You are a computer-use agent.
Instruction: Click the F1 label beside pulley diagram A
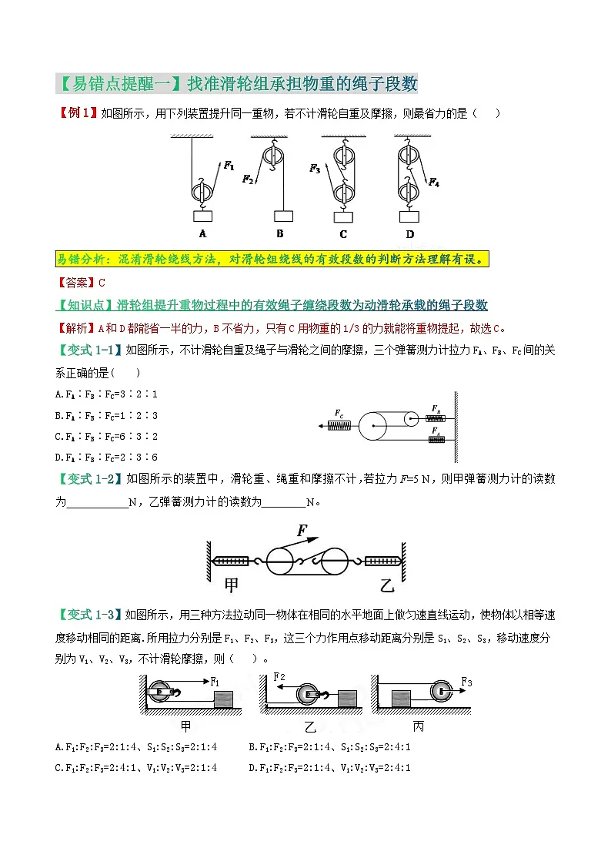pos(229,164)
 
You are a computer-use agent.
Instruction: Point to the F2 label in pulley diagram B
pos(247,179)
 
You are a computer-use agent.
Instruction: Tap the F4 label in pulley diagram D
pos(434,183)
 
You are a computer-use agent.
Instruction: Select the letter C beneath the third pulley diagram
pos(343,234)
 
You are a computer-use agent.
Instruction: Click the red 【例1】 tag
pos(78,113)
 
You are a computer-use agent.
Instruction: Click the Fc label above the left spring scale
pos(339,414)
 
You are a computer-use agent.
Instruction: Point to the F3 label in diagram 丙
pos(466,681)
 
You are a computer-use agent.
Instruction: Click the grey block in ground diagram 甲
pos(224,699)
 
